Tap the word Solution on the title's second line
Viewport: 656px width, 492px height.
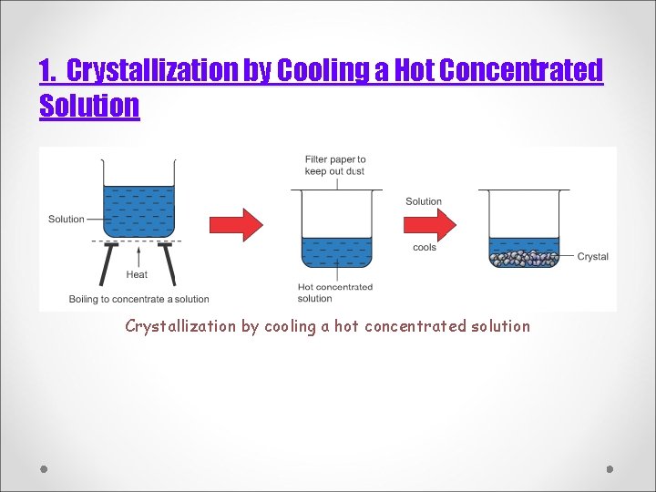[x=89, y=106]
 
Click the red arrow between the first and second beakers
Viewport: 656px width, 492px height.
[x=236, y=224]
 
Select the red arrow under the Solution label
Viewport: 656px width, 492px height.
[x=429, y=224]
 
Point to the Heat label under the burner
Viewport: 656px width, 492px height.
[x=137, y=274]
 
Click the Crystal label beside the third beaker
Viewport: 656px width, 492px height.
[x=592, y=257]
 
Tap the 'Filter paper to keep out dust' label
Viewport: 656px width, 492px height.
[x=334, y=165]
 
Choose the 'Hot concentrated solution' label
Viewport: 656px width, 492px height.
[x=334, y=292]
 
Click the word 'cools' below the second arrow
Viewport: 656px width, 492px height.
[x=425, y=248]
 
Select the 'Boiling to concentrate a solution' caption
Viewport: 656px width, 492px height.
[x=138, y=299]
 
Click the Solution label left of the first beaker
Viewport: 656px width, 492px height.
[x=66, y=220]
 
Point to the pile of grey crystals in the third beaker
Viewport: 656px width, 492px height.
[x=524, y=258]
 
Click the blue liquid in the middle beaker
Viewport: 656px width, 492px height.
[x=336, y=251]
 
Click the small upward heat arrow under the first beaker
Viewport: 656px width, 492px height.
[x=138, y=254]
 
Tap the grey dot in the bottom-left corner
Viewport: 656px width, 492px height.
[x=44, y=469]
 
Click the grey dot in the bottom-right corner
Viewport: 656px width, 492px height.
[x=610, y=469]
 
